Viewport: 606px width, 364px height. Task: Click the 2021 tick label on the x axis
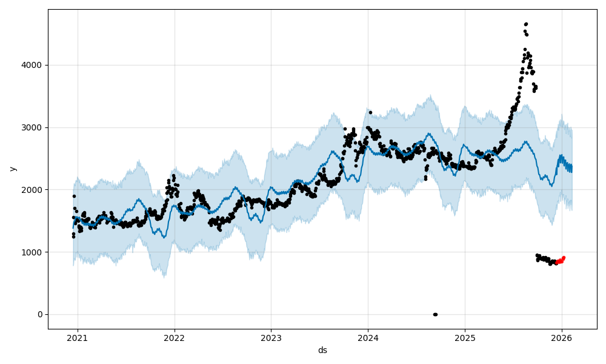[x=78, y=338]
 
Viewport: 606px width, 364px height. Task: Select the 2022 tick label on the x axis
[x=175, y=338]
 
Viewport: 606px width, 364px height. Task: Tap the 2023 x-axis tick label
[x=271, y=338]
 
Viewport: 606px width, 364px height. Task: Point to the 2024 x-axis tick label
[x=368, y=338]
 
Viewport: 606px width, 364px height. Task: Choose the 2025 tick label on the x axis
[x=465, y=338]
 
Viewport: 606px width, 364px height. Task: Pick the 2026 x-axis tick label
[x=562, y=338]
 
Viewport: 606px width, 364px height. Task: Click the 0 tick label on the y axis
[x=39, y=314]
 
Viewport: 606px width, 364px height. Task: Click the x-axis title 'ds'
[x=322, y=350]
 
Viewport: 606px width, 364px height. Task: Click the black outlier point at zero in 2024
[x=435, y=314]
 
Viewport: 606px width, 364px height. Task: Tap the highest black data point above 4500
[x=526, y=24]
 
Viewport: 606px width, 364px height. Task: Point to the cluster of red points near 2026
[x=561, y=261]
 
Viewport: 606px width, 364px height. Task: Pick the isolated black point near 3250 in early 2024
[x=370, y=112]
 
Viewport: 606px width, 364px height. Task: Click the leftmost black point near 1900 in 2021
[x=74, y=196]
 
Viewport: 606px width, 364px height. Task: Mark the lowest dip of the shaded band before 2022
[x=165, y=277]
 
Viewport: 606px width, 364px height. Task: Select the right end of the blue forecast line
[x=571, y=169]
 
